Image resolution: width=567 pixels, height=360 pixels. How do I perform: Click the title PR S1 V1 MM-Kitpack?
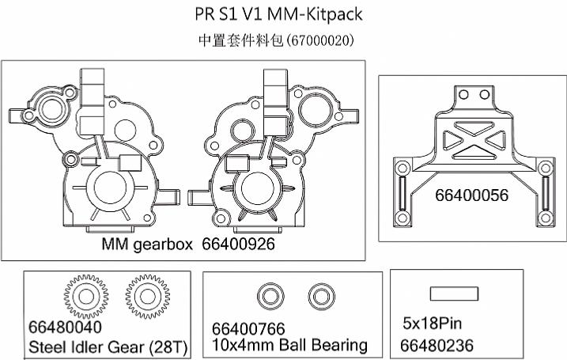(x=278, y=14)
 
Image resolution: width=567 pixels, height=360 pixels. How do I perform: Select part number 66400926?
(x=238, y=244)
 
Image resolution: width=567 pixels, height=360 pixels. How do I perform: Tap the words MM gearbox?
(x=147, y=245)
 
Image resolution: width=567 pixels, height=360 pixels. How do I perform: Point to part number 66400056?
(x=471, y=195)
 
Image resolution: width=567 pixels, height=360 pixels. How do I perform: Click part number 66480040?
(x=65, y=327)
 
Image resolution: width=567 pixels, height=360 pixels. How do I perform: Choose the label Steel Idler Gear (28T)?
(x=108, y=347)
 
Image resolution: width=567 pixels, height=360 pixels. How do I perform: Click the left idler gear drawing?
(x=86, y=297)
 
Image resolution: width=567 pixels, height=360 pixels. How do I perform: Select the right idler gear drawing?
(x=148, y=297)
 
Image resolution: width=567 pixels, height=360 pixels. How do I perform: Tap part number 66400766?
(x=248, y=329)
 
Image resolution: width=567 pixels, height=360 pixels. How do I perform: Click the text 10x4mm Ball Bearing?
(x=289, y=345)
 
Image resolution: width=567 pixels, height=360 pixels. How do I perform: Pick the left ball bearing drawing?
(x=270, y=297)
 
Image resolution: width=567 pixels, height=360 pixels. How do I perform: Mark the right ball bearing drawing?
(x=322, y=297)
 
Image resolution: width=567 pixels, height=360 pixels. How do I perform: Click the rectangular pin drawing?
(x=454, y=294)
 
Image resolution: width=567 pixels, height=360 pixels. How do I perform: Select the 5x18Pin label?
(x=432, y=323)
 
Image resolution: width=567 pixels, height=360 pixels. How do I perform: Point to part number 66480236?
(x=437, y=345)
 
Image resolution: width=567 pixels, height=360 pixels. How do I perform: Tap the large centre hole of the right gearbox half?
(x=257, y=188)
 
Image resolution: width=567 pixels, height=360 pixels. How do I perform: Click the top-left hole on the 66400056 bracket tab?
(x=463, y=95)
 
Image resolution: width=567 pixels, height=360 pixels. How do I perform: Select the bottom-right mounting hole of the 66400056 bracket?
(x=546, y=218)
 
